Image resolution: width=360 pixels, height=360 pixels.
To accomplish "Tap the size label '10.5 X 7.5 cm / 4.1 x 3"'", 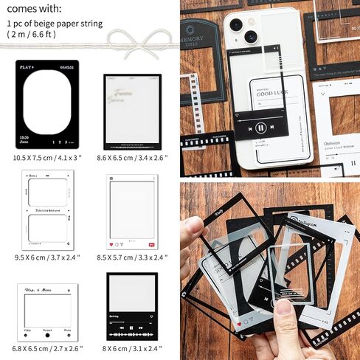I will [x=47, y=156].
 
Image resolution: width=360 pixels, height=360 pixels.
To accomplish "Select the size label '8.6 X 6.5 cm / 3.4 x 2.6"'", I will [x=131, y=156].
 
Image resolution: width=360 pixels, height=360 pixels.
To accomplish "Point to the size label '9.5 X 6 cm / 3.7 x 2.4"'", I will [x=46, y=257].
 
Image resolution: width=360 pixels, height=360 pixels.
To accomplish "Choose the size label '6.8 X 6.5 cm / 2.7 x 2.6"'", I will [x=47, y=347].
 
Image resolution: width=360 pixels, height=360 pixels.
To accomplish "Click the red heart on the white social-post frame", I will [x=111, y=243].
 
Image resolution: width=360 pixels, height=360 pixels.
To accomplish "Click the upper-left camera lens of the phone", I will [x=235, y=24].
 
